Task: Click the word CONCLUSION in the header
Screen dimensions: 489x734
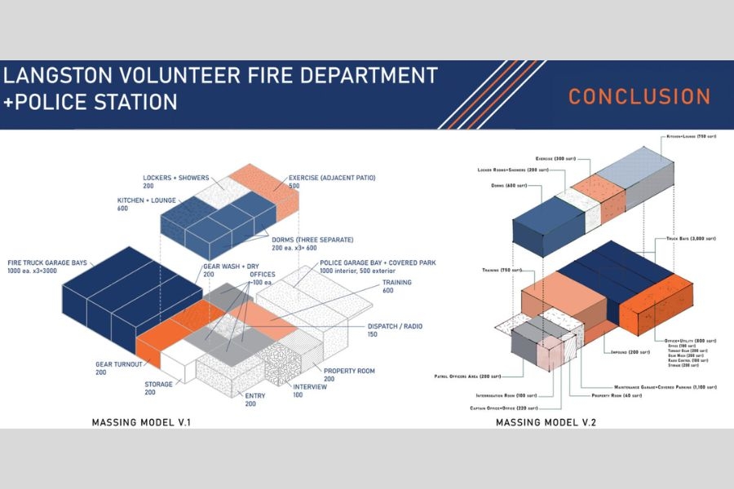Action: (x=639, y=96)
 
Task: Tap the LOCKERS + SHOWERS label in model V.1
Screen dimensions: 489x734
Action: (x=176, y=177)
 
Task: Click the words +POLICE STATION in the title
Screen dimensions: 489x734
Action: (x=91, y=103)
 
